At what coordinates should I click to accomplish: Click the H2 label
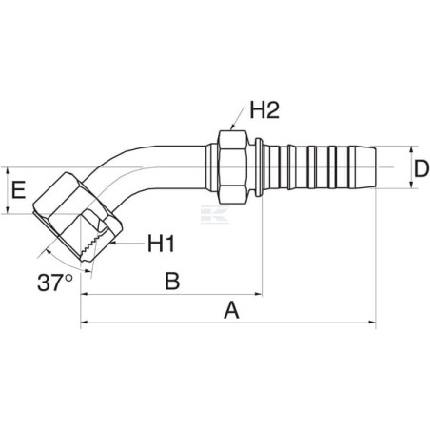[264, 109]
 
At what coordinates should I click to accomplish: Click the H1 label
[162, 244]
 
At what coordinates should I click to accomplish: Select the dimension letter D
[421, 168]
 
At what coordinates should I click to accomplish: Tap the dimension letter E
[18, 189]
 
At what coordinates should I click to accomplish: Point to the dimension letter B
[172, 281]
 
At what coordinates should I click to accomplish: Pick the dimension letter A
[231, 310]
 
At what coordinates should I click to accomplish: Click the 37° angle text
[55, 283]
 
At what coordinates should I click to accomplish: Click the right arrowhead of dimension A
[371, 322]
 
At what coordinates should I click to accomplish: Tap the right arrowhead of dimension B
[258, 294]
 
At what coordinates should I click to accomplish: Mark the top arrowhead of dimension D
[411, 150]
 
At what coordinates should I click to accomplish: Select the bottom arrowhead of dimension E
[7, 209]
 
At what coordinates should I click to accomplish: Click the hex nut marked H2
[232, 166]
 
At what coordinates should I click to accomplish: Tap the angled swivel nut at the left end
[77, 217]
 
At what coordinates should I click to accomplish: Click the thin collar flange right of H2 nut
[259, 166]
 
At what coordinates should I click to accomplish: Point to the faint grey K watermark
[215, 214]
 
